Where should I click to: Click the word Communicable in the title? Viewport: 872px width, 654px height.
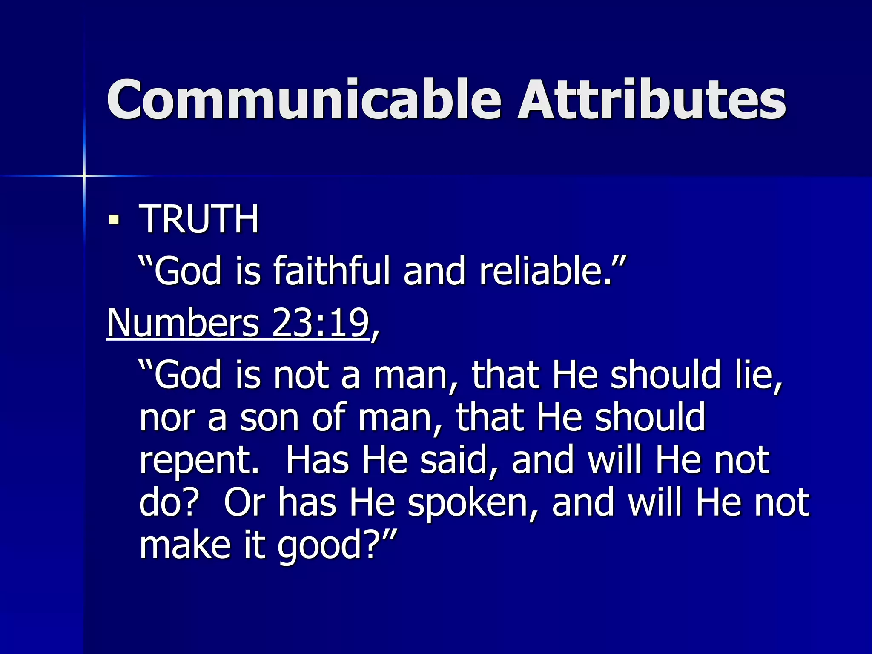(x=304, y=100)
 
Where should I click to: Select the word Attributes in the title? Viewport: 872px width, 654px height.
(x=651, y=100)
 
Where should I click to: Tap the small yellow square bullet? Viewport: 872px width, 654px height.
(x=114, y=220)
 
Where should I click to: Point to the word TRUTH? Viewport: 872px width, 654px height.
(x=199, y=219)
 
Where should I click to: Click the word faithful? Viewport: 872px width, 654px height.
(x=332, y=271)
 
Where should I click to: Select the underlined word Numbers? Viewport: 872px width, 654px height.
(x=183, y=323)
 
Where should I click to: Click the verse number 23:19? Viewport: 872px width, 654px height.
(x=320, y=323)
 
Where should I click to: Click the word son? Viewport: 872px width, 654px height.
(x=270, y=418)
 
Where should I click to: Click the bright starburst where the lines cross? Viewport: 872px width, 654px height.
(x=84, y=175)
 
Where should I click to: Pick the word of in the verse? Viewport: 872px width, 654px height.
(x=328, y=418)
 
